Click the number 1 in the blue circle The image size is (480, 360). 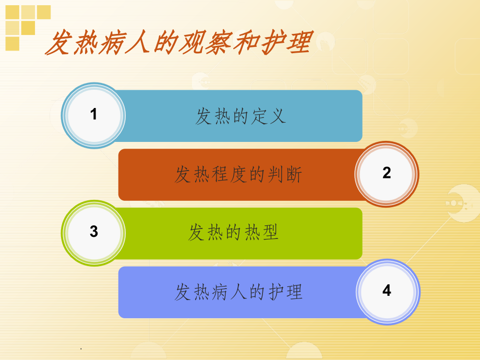tap(94, 114)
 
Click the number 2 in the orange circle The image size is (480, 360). tap(387, 173)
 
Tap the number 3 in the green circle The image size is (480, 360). tap(94, 232)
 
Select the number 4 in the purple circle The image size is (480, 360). tap(387, 291)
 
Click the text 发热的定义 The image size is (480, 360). tap(241, 116)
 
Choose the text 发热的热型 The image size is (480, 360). tap(234, 233)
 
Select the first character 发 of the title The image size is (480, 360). tap(58, 43)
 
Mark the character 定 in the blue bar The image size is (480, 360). tap(260, 116)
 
